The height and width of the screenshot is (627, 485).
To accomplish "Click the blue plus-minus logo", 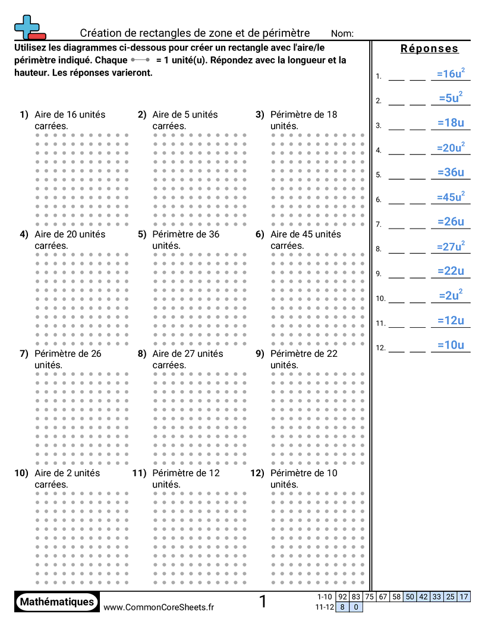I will click(x=29, y=28).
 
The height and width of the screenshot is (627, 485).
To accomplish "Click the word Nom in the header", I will click(x=342, y=33).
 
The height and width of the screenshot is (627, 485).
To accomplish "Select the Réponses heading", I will click(x=429, y=49).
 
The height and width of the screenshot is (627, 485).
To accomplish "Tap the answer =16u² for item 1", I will click(x=451, y=74).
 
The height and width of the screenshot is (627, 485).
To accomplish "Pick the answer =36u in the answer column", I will click(x=451, y=172).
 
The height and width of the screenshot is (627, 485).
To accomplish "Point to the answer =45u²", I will click(x=451, y=197).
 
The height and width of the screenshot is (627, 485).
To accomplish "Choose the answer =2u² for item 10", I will click(x=451, y=295).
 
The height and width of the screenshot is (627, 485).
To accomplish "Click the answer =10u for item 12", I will click(x=451, y=345).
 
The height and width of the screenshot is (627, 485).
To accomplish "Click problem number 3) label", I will click(x=260, y=115).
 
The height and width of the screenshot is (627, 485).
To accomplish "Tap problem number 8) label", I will click(x=142, y=354).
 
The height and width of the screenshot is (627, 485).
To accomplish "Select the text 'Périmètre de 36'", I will click(x=185, y=234).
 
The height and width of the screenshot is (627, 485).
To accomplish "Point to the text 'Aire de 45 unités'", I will click(x=306, y=234).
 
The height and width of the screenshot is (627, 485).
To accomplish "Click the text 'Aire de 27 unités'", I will click(x=187, y=354).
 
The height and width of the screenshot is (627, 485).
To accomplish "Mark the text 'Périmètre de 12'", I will click(x=185, y=473).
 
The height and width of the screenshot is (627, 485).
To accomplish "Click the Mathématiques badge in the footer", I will click(x=57, y=601).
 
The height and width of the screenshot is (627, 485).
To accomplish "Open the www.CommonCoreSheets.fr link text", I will click(x=159, y=607).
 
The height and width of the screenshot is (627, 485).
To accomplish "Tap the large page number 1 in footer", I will click(x=263, y=601).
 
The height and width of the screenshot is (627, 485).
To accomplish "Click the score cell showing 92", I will click(x=343, y=597).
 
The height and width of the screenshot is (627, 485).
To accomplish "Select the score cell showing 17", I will click(x=464, y=597).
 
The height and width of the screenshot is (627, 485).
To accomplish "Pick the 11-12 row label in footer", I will click(x=325, y=607).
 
